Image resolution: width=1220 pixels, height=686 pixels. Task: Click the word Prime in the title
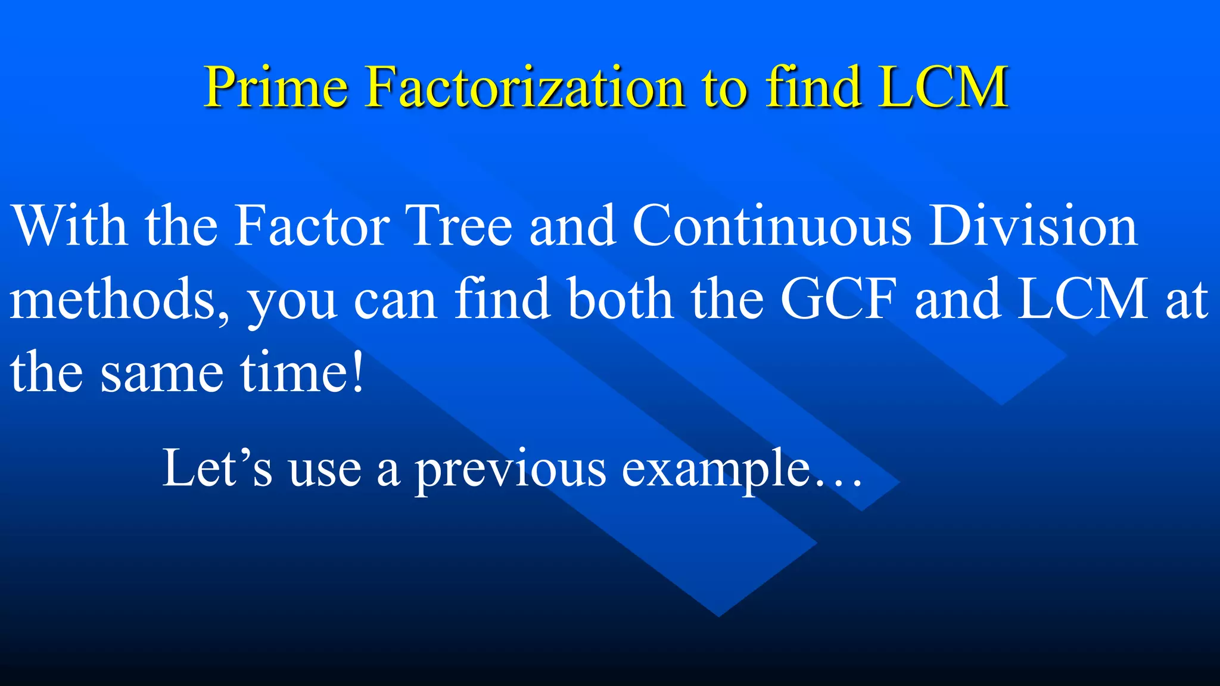[x=276, y=88]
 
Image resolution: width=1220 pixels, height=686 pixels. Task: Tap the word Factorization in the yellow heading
[x=525, y=88]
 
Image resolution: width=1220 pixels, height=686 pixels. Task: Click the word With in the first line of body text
[x=70, y=226]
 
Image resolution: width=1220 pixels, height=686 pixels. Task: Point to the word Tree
[x=458, y=226]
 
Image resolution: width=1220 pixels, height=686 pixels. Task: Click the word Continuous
[x=771, y=226]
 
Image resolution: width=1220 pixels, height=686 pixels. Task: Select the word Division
[x=1033, y=226]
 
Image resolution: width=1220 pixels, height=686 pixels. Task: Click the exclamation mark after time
[x=357, y=372]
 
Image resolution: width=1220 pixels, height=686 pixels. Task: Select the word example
[x=715, y=470]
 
